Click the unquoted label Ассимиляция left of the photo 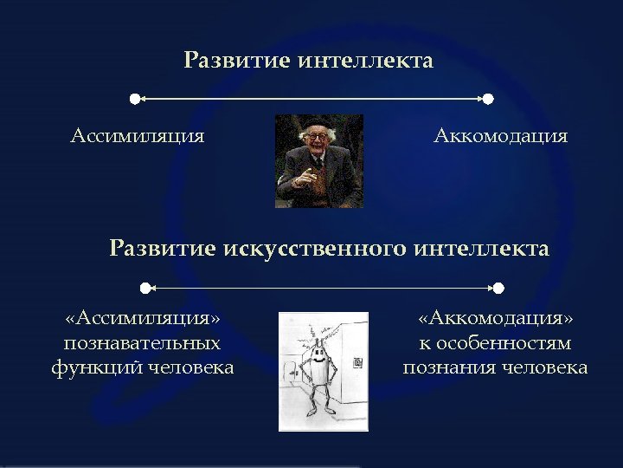tap(138, 136)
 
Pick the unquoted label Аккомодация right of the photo tap(500, 136)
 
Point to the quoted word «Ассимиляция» tap(142, 320)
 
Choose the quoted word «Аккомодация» tap(495, 320)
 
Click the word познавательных tap(142, 344)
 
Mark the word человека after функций tap(189, 368)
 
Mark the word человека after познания tap(543, 368)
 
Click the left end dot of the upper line tap(134, 100)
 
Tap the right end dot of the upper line tap(488, 100)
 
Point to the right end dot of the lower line tap(498, 287)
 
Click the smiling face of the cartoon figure tap(318, 354)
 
